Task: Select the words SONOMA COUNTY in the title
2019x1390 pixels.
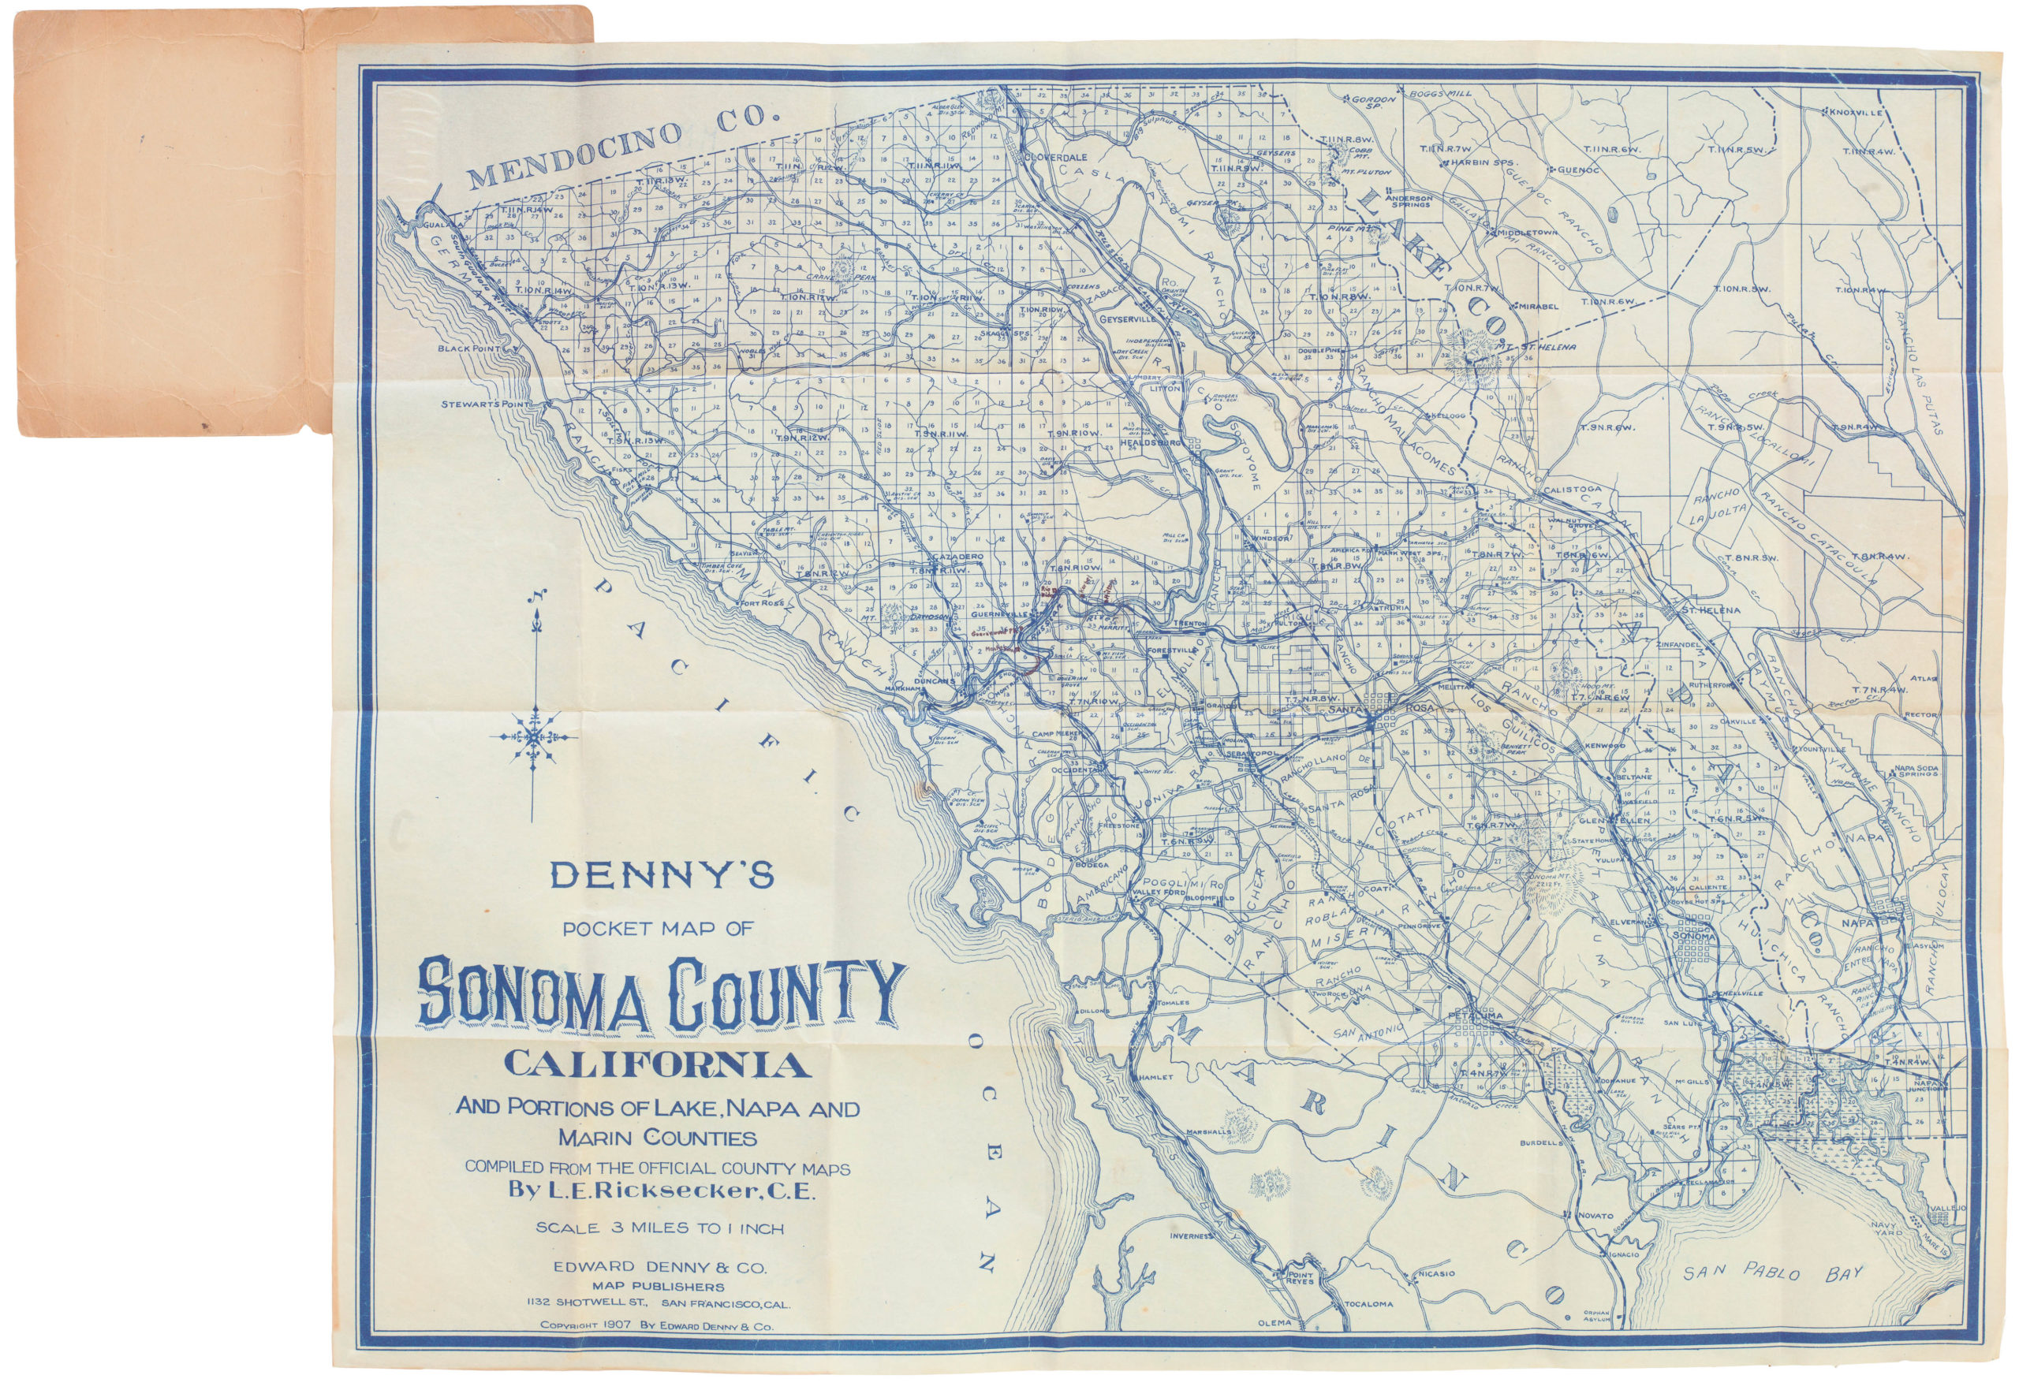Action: coord(659,992)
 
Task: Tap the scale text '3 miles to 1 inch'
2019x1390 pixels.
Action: coord(659,1229)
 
